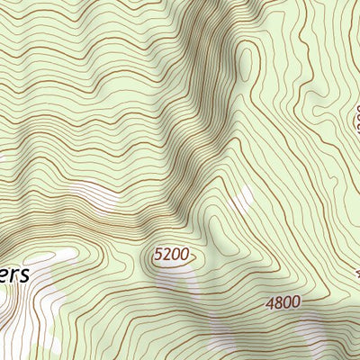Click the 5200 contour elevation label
coord(171,255)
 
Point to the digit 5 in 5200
coord(158,255)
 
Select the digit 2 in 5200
coord(166,255)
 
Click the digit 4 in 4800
coord(270,303)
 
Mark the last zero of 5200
coord(184,255)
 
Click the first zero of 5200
coord(175,255)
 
